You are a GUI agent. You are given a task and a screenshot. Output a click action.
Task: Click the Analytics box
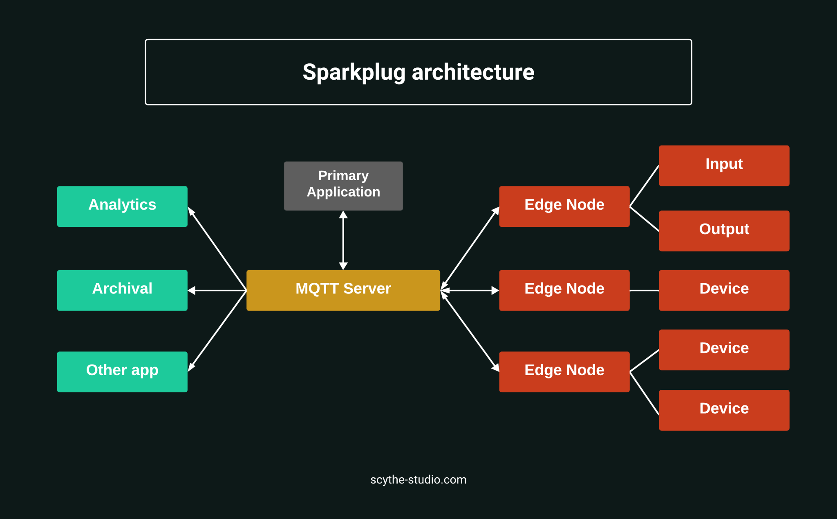122,206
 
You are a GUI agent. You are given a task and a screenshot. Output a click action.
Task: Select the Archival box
122,290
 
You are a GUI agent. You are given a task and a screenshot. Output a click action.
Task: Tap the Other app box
122,372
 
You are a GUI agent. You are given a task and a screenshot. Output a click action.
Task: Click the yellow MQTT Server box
343,290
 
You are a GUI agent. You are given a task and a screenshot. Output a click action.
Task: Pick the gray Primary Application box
343,186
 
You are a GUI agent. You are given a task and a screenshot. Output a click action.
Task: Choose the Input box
724,166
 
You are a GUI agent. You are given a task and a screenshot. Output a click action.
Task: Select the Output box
724,231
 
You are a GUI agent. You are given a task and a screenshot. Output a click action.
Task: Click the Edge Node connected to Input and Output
564,206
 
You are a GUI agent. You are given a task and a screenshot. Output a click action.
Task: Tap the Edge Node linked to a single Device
564,290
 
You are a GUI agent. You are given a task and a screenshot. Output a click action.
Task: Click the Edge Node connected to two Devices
564,372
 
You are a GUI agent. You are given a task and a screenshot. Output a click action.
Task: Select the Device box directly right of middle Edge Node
724,290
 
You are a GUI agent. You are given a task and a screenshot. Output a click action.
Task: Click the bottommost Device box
724,410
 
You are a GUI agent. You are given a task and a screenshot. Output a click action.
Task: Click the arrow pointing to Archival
217,290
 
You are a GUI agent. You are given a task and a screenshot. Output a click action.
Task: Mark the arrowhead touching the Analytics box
191,211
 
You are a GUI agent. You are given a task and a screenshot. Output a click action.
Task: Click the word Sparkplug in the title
354,72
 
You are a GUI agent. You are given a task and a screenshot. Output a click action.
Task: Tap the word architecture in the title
473,72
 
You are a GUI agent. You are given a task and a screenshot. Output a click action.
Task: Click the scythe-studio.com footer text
418,479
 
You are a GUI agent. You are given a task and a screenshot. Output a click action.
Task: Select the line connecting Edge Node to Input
645,186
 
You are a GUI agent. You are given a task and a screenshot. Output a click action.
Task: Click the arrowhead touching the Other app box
191,367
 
